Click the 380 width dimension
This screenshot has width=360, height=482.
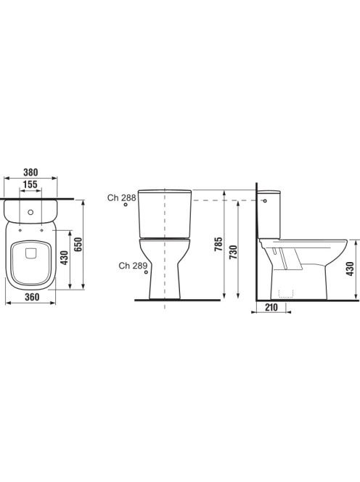(30, 173)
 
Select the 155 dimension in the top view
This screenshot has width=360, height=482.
(30, 184)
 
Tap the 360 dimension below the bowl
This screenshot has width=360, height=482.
(32, 297)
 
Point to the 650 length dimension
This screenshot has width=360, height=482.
(79, 245)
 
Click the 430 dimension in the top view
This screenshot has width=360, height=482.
(65, 258)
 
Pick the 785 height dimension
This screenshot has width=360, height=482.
(218, 245)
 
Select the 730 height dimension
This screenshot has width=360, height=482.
(234, 252)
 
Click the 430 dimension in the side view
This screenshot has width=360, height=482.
(351, 269)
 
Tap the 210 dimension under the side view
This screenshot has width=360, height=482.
(271, 307)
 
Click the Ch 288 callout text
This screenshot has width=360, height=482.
(121, 197)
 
